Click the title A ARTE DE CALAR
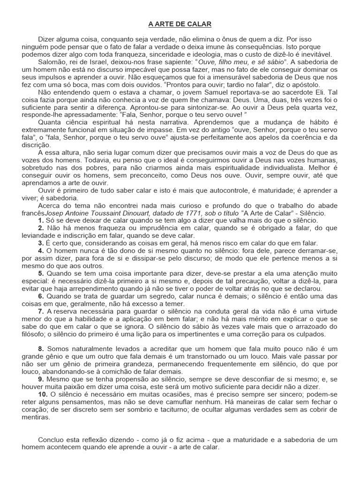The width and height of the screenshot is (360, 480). tap(180, 24)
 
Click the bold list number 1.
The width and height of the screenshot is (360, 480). tap(41, 220)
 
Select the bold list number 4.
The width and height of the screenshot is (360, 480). tap(41, 251)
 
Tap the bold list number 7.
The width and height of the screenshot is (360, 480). tap(41, 311)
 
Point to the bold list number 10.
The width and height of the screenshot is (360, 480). tap(43, 395)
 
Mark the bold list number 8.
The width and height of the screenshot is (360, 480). tap(41, 349)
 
